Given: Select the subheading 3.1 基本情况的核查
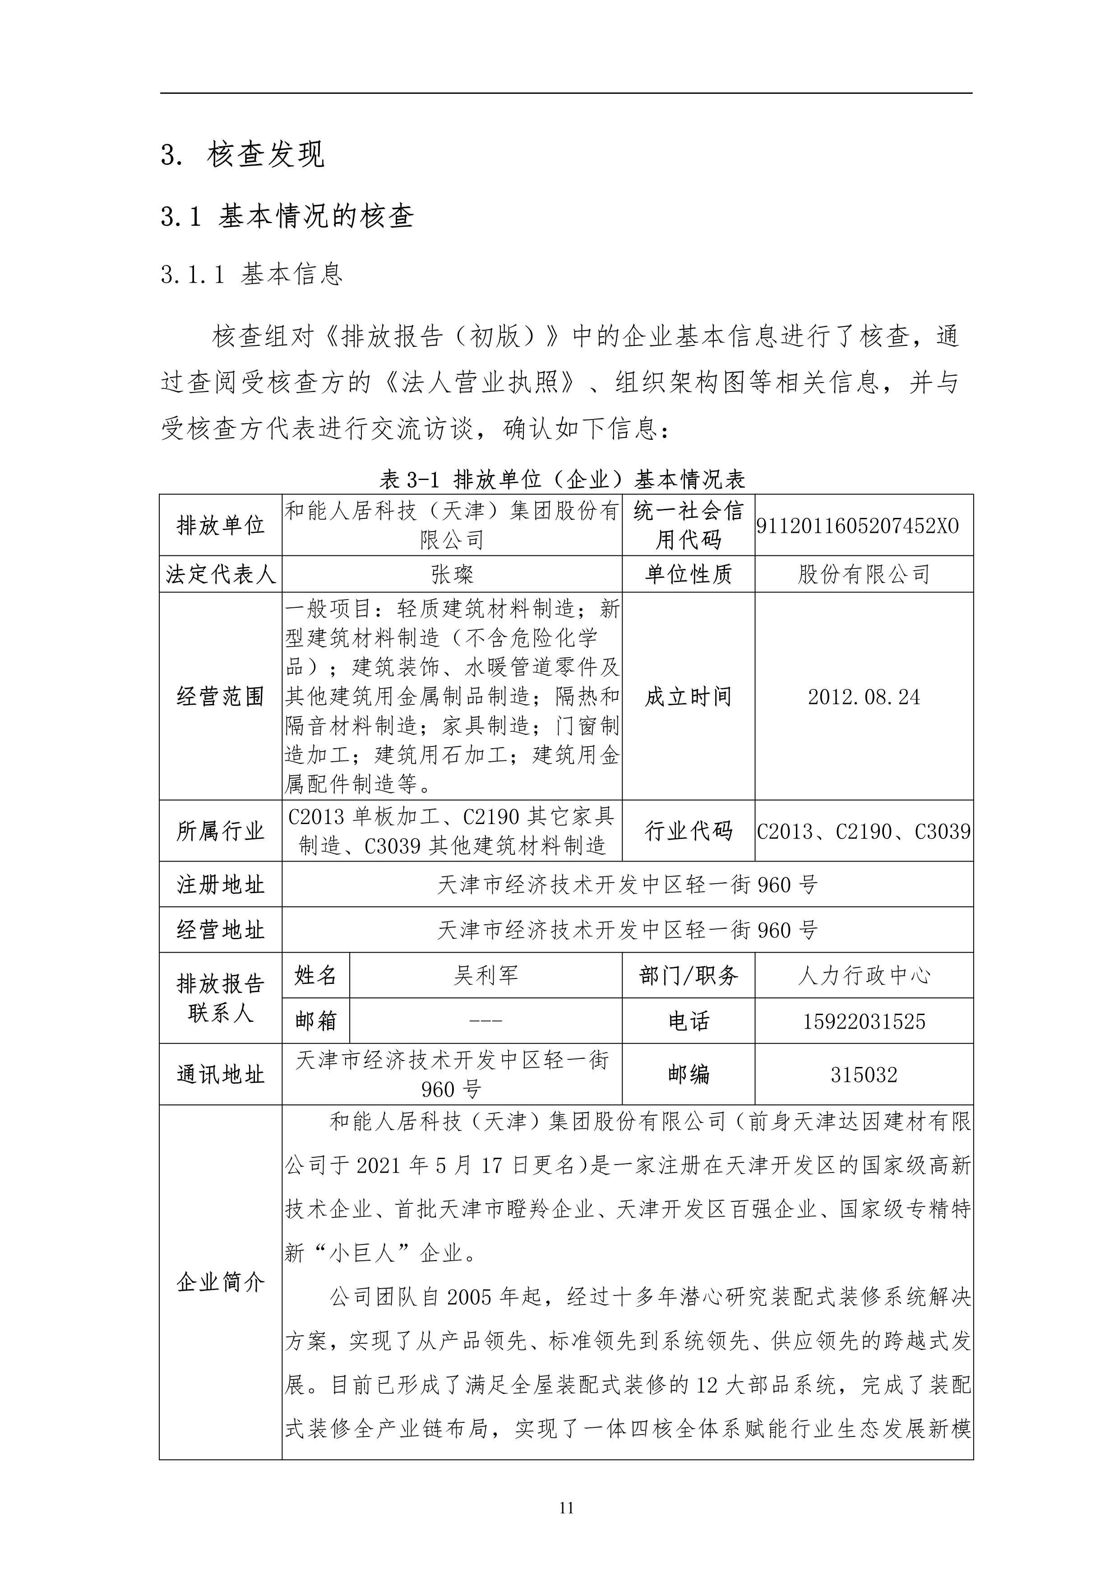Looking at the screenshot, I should point(287,217).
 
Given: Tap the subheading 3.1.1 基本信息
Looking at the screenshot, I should point(252,275).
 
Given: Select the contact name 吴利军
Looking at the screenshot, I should point(486,975).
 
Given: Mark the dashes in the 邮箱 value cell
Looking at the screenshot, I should point(486,1021).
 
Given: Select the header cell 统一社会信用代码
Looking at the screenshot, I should point(688,526).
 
